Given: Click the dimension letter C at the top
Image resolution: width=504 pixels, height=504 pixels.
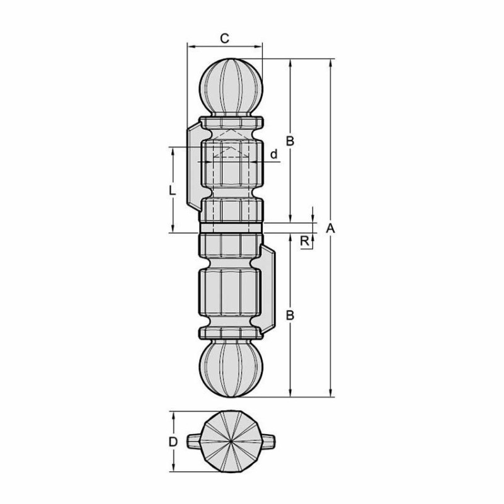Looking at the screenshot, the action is [x=225, y=38].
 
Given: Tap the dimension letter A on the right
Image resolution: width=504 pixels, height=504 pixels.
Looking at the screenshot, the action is [x=330, y=229].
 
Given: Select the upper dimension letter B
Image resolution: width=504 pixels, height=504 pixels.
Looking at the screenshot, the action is [x=290, y=140].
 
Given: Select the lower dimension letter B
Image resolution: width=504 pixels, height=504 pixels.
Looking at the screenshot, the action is [x=290, y=316].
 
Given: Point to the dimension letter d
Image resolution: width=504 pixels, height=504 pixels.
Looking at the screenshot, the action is [x=273, y=154].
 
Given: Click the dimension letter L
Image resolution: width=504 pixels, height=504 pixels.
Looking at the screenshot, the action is [x=173, y=191].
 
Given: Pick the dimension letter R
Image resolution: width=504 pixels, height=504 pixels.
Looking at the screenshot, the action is [x=304, y=241].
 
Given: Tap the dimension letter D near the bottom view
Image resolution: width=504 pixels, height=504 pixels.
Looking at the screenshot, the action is [x=173, y=442].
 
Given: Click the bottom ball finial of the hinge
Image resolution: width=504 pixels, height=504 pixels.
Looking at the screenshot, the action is [x=231, y=369].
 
